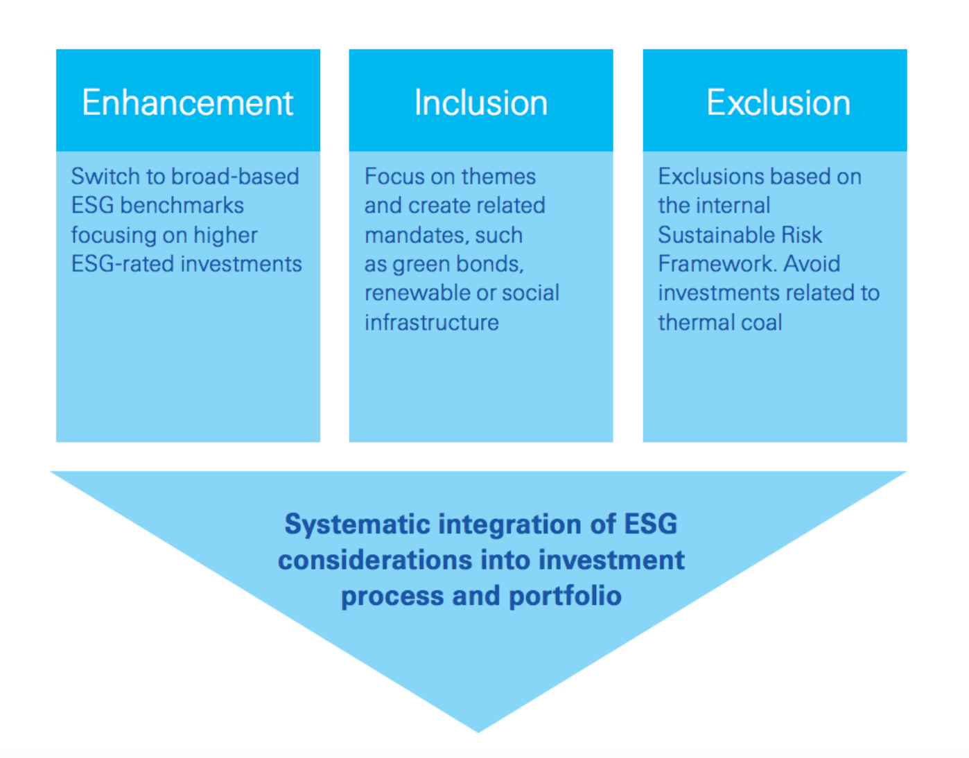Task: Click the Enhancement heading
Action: click(x=187, y=103)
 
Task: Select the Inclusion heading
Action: click(x=481, y=103)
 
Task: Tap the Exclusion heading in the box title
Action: click(x=778, y=103)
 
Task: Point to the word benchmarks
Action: click(x=182, y=205)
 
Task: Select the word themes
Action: click(x=498, y=177)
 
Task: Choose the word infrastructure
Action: click(x=431, y=322)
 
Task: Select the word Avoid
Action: click(x=812, y=264)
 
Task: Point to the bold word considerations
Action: click(x=375, y=560)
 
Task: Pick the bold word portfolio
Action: click(x=566, y=597)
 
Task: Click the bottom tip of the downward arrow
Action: click(x=478, y=732)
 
